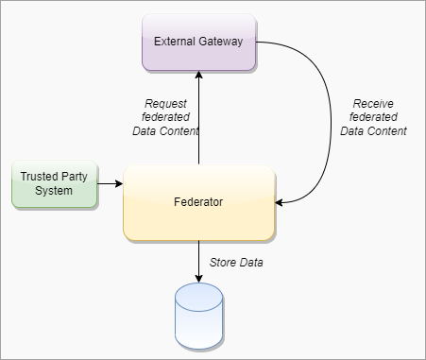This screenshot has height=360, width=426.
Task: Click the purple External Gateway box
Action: coord(198,43)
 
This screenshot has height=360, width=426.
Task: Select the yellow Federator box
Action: coord(199,203)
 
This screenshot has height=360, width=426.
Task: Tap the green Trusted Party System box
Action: coord(55,184)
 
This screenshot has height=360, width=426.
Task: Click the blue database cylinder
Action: coord(199,316)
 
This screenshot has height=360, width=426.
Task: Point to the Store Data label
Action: coord(236,263)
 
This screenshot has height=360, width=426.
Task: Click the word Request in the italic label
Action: coord(165,104)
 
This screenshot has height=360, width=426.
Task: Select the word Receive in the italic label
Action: coord(373,104)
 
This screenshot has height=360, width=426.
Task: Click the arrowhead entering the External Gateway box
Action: coord(198,75)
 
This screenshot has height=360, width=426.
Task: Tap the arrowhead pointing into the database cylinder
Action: coord(198,279)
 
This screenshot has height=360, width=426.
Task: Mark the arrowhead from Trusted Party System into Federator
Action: coord(119,183)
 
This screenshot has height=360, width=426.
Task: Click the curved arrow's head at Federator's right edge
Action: coord(279,202)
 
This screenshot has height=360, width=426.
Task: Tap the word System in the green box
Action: coord(54,191)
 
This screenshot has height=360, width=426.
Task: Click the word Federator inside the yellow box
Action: coord(198,202)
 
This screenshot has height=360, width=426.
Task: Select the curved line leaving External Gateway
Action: coord(331,126)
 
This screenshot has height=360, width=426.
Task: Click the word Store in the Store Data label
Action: coord(223,263)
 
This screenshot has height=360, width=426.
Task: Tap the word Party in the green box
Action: coord(74,177)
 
